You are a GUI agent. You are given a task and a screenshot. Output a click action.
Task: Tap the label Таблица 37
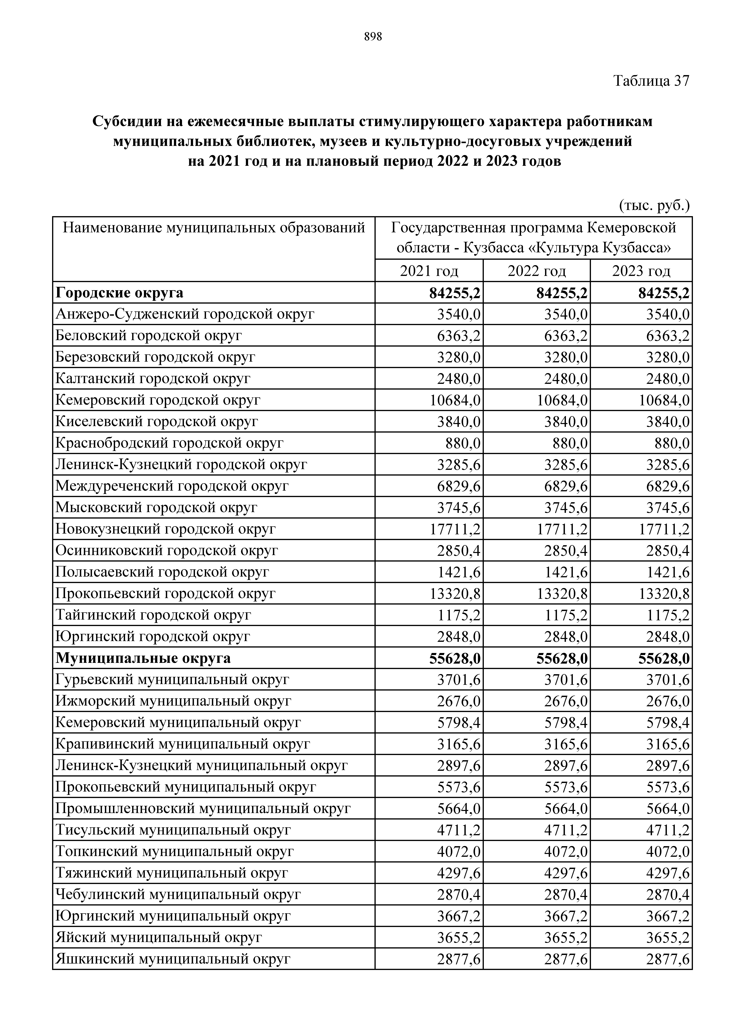(651, 81)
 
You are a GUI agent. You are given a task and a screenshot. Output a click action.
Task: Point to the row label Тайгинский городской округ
(153, 615)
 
